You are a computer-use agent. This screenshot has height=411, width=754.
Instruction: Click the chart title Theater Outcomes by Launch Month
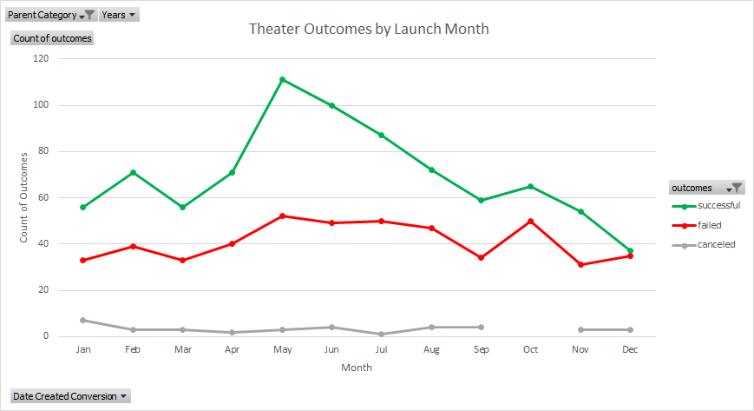[369, 29]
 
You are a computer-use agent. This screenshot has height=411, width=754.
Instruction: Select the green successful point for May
[283, 79]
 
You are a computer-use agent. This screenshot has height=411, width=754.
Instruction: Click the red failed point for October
[530, 221]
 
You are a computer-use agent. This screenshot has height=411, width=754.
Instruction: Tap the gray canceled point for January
[83, 320]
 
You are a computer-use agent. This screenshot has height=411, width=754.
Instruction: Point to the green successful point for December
[629, 250]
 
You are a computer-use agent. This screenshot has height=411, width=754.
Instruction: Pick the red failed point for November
[580, 264]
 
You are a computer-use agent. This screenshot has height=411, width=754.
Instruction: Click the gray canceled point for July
[382, 334]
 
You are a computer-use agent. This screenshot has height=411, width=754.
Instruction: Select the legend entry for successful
[718, 206]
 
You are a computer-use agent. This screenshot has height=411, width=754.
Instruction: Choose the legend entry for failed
[709, 225]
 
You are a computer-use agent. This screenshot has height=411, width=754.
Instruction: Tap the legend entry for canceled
[716, 244]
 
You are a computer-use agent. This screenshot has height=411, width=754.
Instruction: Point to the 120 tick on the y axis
[41, 58]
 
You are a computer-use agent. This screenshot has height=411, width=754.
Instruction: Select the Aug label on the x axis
[431, 349]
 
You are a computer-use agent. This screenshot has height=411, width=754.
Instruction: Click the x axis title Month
[356, 368]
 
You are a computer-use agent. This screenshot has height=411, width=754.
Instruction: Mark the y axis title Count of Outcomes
[24, 196]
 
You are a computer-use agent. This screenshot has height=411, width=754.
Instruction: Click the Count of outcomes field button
[52, 38]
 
